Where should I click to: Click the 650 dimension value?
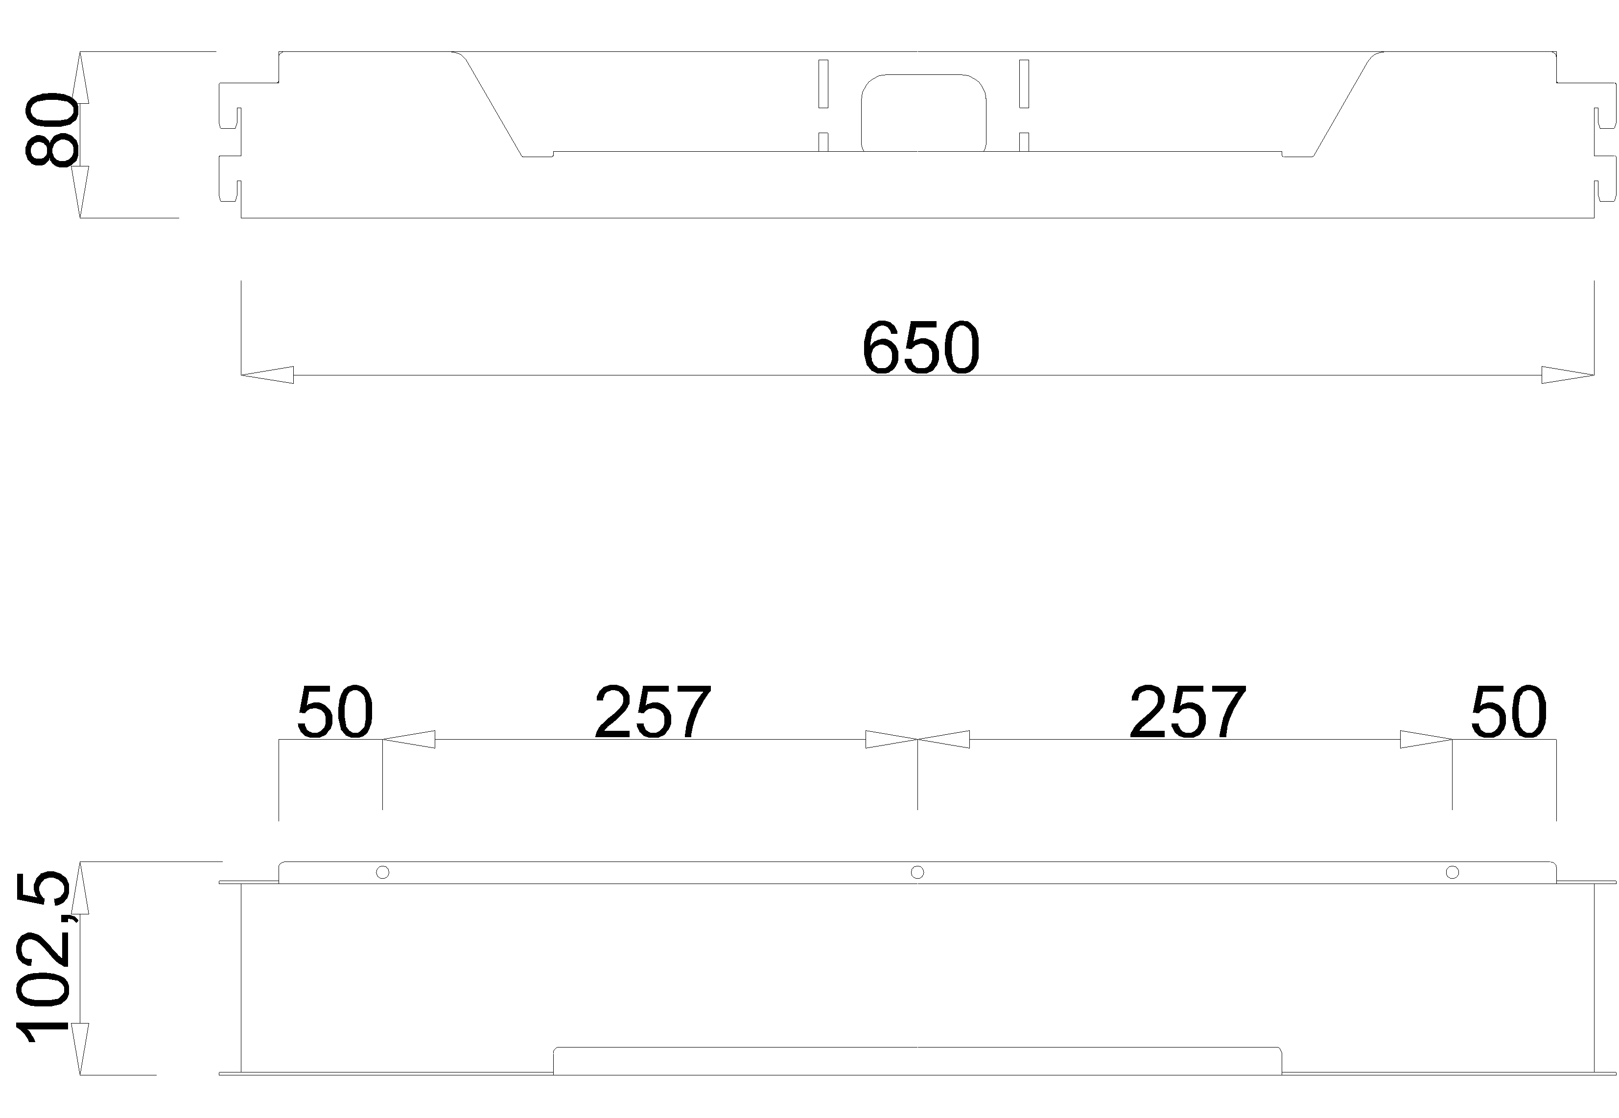(920, 348)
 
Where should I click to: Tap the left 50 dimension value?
(335, 712)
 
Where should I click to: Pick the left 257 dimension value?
(653, 712)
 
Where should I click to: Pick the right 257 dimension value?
(1188, 712)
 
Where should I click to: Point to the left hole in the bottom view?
(382, 872)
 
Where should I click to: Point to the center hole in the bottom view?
(917, 872)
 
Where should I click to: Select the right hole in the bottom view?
(1452, 872)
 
